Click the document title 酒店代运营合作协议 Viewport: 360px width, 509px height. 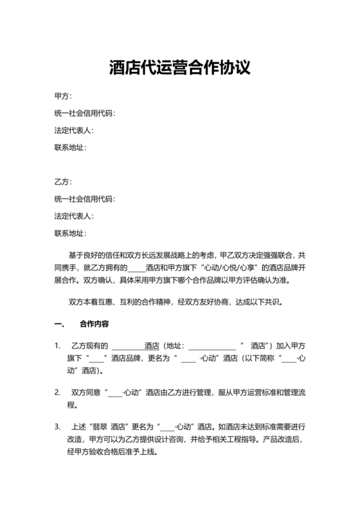(179, 67)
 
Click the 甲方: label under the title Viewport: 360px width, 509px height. (63, 96)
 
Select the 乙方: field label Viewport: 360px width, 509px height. (63, 182)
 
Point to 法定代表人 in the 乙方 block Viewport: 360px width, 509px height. (74, 216)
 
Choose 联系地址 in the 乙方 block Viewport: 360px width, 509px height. (70, 233)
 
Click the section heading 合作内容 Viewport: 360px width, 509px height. (94, 323)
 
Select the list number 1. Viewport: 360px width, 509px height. (58, 346)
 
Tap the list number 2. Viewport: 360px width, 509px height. (58, 393)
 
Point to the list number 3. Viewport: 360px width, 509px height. (58, 427)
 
